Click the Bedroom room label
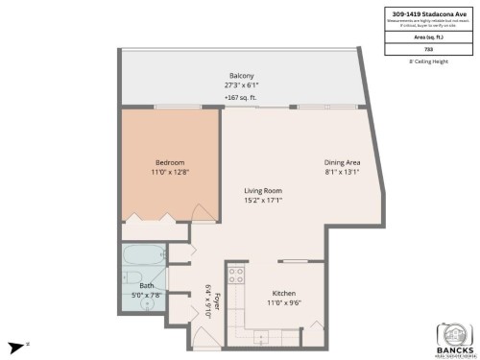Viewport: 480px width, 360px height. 169,162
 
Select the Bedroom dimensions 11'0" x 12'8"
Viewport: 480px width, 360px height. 169,173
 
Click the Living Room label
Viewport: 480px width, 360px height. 261,191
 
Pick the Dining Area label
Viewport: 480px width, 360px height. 342,162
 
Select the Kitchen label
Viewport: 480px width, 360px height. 283,293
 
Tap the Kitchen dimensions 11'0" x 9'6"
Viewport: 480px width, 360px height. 283,303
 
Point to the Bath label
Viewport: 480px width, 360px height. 146,285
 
